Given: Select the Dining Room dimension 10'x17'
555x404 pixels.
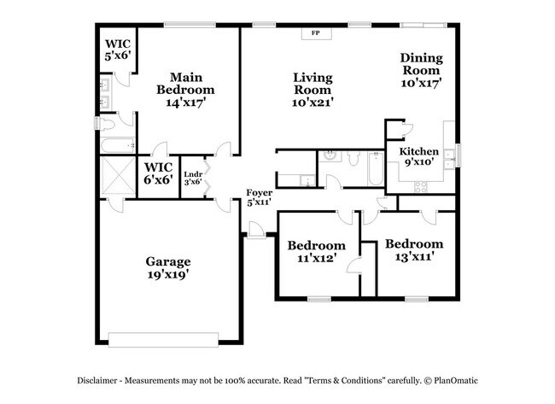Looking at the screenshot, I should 422,84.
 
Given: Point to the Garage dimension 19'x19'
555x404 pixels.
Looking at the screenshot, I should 167,274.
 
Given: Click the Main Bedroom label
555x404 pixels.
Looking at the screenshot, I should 184,83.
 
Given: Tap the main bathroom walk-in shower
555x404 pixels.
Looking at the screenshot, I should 118,178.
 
